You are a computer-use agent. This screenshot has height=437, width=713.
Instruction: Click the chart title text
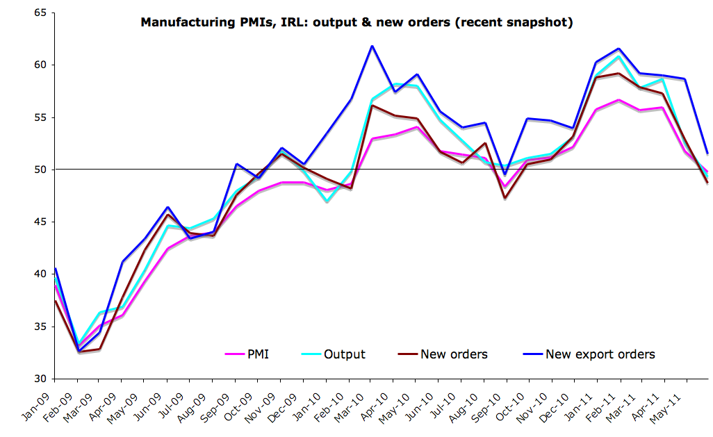click(x=356, y=22)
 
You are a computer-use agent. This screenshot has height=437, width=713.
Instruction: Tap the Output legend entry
click(x=344, y=354)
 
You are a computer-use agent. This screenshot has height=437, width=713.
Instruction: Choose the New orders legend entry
click(x=453, y=354)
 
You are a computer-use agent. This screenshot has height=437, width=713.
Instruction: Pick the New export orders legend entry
click(x=600, y=354)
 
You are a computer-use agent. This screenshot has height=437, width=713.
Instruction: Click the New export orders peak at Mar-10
click(x=372, y=46)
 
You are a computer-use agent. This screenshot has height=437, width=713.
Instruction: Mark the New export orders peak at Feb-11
click(x=619, y=49)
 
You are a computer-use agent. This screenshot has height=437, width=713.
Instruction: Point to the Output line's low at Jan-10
click(x=326, y=201)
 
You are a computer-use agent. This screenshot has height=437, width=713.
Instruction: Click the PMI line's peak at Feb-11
click(x=618, y=100)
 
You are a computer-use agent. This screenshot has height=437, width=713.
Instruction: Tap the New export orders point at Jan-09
click(x=55, y=268)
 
